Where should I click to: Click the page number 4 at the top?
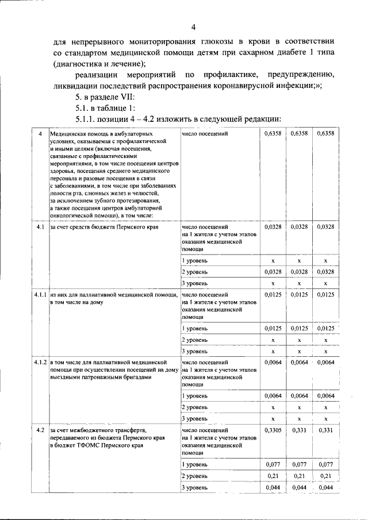click(x=194, y=26)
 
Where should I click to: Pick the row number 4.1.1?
click(x=40, y=294)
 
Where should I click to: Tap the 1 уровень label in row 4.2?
click(x=194, y=463)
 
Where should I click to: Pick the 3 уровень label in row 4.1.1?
click(x=194, y=350)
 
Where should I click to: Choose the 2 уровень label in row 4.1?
click(x=194, y=272)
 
